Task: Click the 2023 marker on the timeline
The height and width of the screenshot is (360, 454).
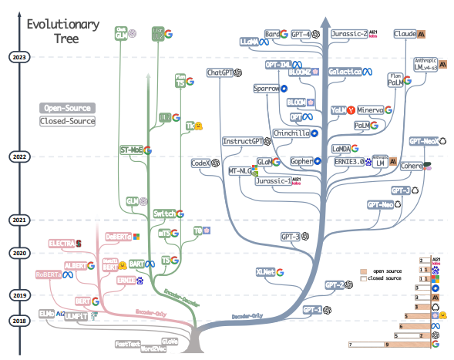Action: click(17, 56)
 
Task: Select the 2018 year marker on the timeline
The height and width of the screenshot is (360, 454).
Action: click(17, 320)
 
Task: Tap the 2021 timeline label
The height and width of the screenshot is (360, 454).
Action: click(17, 221)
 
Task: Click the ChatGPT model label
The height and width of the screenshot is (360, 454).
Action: click(221, 72)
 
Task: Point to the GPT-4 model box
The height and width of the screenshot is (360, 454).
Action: click(300, 35)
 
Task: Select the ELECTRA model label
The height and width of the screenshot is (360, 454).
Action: click(61, 244)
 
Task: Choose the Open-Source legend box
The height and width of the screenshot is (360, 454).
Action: click(69, 108)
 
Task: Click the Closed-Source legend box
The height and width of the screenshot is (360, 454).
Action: click(69, 121)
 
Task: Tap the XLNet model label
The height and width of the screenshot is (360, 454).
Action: click(266, 271)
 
